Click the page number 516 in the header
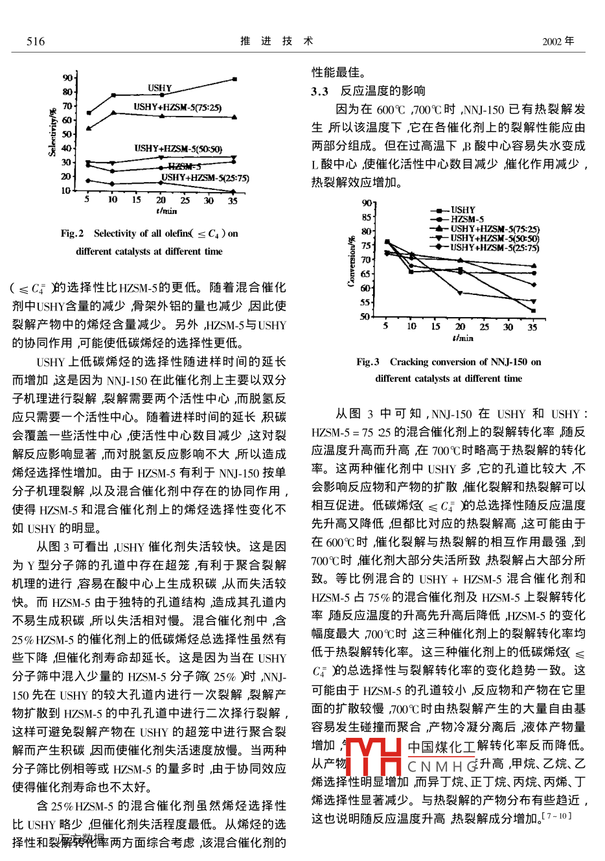(x=36, y=41)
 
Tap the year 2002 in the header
(x=552, y=41)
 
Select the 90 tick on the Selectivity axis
(x=67, y=78)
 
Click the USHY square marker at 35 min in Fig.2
(x=234, y=79)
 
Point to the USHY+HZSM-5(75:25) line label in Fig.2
(x=177, y=107)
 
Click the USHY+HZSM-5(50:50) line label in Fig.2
(x=178, y=148)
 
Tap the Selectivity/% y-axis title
(x=52, y=132)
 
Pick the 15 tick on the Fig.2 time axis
(x=137, y=200)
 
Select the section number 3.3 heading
(x=319, y=91)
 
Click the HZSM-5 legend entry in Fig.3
(x=467, y=219)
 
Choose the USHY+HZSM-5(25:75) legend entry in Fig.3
(x=494, y=247)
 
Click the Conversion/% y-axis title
(x=352, y=260)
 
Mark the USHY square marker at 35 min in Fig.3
(x=533, y=311)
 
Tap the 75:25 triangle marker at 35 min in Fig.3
(x=533, y=266)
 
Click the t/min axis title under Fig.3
(x=462, y=338)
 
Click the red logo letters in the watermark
(x=374, y=757)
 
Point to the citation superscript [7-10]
(x=556, y=816)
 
